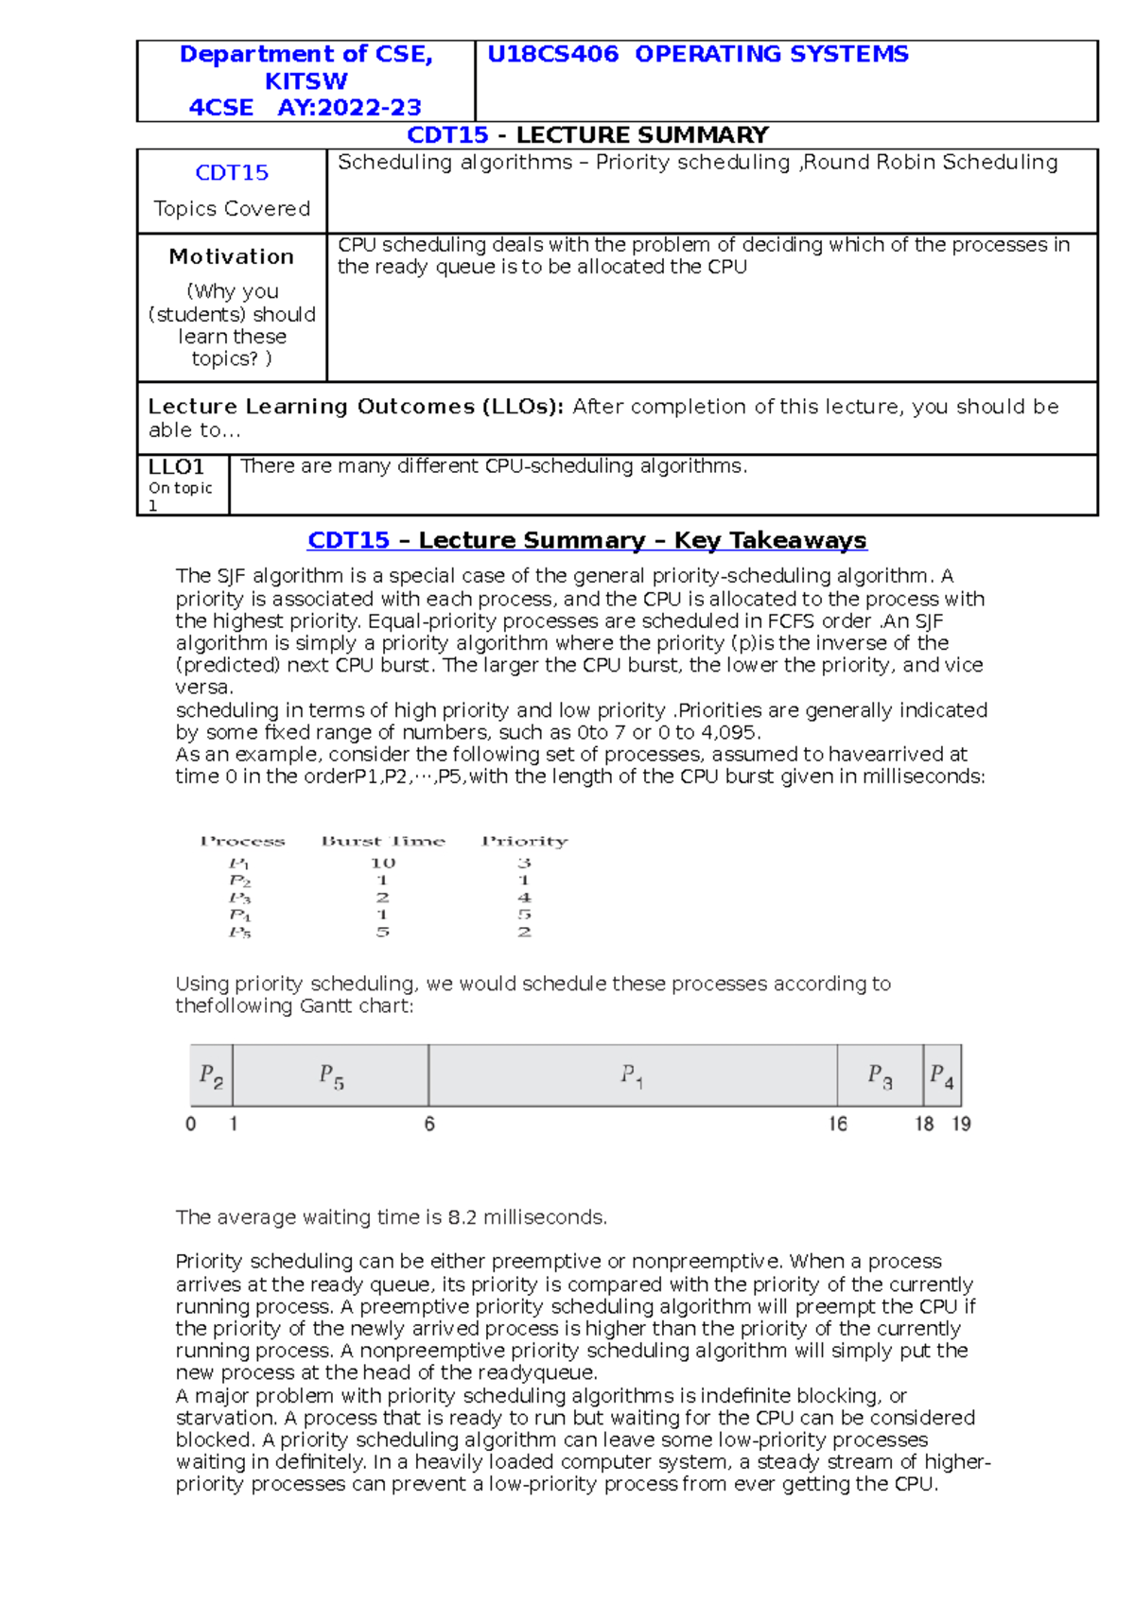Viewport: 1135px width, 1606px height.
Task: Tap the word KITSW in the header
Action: (306, 81)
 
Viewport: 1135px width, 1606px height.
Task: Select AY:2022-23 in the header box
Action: (349, 108)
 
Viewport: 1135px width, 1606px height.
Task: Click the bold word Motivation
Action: (232, 256)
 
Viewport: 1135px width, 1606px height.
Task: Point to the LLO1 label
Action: (176, 467)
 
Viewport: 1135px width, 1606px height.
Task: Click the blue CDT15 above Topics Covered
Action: (232, 173)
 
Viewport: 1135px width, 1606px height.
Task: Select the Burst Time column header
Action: (383, 841)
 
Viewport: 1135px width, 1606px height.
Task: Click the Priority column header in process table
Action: (525, 841)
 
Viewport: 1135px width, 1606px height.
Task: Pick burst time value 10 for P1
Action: (383, 863)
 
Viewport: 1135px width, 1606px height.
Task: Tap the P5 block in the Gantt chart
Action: (331, 1076)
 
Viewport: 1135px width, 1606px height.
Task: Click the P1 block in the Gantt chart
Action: (632, 1076)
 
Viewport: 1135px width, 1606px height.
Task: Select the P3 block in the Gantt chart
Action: (880, 1076)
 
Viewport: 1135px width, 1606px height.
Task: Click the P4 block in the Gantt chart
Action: (942, 1076)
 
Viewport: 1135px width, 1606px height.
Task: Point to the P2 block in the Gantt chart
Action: (211, 1076)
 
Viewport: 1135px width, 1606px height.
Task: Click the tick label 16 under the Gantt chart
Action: (838, 1125)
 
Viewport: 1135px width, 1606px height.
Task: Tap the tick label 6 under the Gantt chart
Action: (429, 1125)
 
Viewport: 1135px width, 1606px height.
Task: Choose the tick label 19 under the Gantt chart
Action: (961, 1125)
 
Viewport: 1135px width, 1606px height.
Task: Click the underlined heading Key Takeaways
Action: (770, 541)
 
